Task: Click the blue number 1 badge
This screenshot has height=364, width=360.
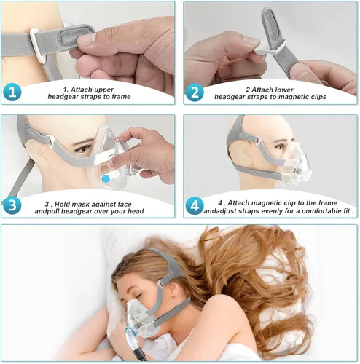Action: pos(12,92)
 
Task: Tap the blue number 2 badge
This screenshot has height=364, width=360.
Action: pos(195,92)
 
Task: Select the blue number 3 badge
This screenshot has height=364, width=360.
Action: pos(12,205)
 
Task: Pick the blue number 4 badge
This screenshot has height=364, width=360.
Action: pos(195,206)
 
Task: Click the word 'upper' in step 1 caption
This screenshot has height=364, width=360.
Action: pos(103,90)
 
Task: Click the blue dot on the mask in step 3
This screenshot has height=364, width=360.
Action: pos(106,179)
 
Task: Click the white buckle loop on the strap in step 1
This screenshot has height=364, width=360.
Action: pos(38,45)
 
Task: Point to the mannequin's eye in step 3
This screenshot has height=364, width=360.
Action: pos(83,149)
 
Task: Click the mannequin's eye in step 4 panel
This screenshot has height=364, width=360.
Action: pos(281,146)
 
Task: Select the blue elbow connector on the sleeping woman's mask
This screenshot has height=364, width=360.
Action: pos(130,333)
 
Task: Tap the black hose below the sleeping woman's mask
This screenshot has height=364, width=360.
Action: pos(138,353)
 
